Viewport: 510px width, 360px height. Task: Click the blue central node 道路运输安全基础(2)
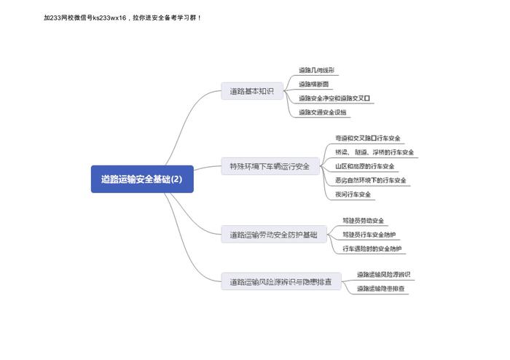coord(142,179)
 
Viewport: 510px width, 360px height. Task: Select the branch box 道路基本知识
coord(251,92)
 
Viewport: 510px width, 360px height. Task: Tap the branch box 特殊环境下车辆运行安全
coord(270,166)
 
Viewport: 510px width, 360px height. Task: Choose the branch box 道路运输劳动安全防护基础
coord(273,235)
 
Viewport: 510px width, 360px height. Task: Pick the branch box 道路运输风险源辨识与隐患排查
coord(280,282)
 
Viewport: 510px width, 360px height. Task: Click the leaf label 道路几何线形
coord(316,71)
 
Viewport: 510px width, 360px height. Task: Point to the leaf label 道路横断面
coord(313,85)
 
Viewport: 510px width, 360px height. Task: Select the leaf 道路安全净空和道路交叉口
coord(334,98)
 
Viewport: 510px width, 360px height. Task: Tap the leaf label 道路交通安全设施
coord(323,112)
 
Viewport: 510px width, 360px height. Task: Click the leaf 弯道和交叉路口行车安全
coord(368,138)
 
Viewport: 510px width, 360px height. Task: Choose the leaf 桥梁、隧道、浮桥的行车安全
coord(374,152)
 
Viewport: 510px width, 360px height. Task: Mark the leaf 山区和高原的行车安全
coord(364,166)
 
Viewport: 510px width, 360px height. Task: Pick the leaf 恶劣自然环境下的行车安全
coord(370,180)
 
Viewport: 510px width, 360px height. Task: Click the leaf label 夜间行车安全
coord(353,194)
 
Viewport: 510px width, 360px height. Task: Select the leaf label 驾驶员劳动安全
coord(363,221)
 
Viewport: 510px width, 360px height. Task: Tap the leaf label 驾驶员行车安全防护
coord(369,235)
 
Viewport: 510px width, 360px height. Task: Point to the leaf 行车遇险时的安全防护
coord(372,249)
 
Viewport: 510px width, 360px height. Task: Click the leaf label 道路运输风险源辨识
coord(383,275)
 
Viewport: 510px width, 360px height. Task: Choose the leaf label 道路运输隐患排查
coord(382,289)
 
